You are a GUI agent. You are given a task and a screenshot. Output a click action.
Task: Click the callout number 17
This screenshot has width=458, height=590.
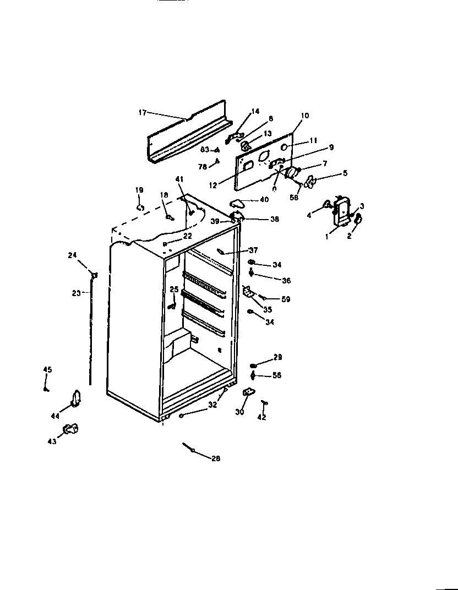click(142, 113)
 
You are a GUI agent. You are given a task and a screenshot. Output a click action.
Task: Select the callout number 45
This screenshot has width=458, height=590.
click(47, 370)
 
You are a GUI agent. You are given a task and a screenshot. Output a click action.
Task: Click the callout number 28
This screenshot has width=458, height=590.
click(215, 458)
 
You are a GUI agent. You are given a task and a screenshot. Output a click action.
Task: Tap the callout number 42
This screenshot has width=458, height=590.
click(261, 418)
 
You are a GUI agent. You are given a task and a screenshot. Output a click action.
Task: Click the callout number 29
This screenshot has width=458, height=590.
click(277, 358)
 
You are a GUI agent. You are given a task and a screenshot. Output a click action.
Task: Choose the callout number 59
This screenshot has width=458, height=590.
click(285, 299)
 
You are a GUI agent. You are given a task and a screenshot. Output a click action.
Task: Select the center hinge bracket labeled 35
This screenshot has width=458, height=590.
click(249, 292)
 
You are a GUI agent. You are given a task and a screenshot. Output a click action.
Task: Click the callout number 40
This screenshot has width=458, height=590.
click(265, 200)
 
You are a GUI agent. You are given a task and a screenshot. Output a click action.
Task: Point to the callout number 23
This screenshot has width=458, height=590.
click(76, 293)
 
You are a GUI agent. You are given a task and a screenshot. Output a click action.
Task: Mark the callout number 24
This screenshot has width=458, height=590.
click(73, 255)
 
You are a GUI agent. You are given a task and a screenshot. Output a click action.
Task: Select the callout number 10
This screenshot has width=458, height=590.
click(305, 116)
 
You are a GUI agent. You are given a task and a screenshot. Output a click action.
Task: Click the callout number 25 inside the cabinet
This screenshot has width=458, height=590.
click(174, 289)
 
